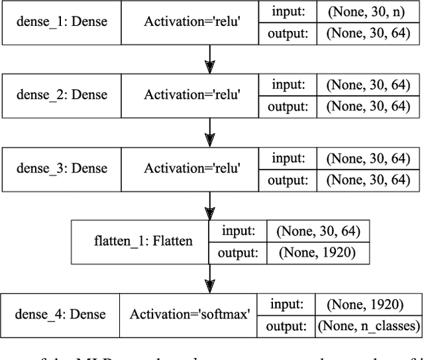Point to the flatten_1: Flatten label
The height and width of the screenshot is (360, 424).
143,241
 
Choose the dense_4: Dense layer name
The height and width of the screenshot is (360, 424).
60,314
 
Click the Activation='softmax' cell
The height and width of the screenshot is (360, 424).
190,314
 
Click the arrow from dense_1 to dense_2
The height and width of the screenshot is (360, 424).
211,59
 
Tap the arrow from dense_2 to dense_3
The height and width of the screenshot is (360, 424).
211,132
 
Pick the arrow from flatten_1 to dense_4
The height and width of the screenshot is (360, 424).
211,278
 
